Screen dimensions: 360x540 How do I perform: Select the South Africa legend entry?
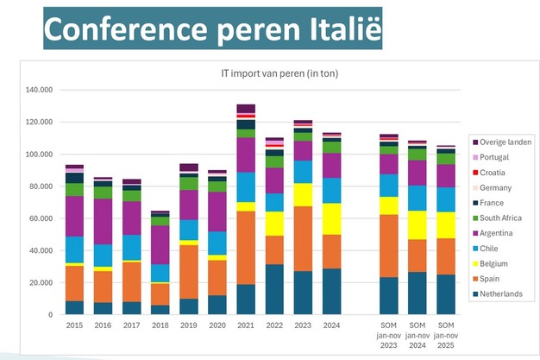(504, 218)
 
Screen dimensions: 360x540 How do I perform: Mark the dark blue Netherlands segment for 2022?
(274, 289)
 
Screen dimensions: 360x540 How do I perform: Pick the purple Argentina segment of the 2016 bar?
(104, 221)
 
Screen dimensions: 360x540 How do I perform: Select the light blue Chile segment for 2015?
(74, 249)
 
